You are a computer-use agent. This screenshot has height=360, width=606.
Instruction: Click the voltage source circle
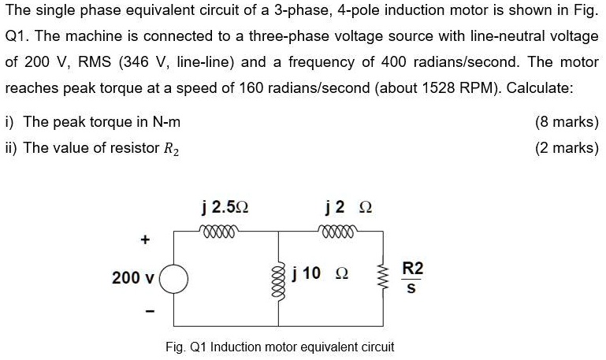174,278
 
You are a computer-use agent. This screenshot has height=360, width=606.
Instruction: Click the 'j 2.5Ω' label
225,208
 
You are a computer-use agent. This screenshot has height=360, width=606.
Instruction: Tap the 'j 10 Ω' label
319,273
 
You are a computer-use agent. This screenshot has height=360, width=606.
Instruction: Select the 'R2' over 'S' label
412,277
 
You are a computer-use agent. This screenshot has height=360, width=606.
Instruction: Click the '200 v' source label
133,278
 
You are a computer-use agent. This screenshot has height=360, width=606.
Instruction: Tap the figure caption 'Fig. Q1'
187,346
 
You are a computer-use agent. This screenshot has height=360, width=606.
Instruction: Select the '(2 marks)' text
567,147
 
